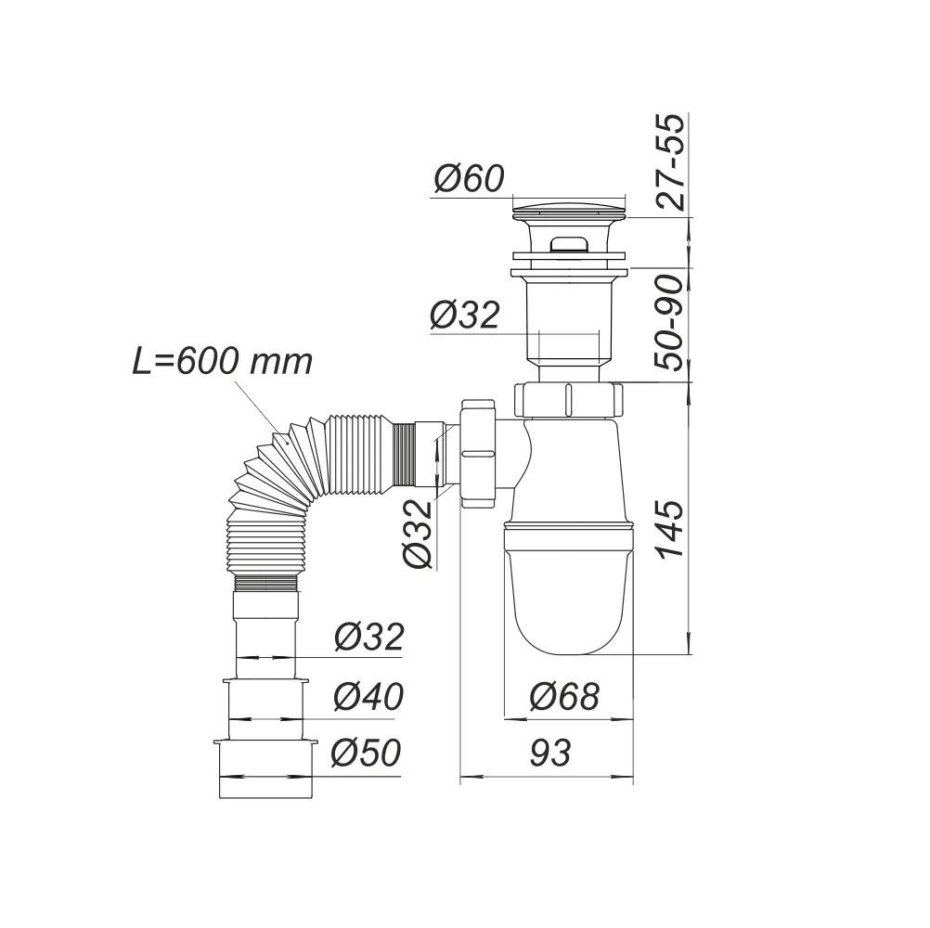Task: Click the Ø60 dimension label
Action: (469, 178)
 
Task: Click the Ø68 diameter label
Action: (564, 696)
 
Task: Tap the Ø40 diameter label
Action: (368, 696)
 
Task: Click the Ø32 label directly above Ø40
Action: (368, 638)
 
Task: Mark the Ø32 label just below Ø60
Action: (465, 316)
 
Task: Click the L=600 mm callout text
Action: (222, 361)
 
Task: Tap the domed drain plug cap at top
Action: (569, 206)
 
